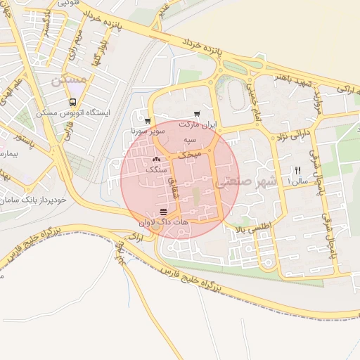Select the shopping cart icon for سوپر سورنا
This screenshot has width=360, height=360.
coord(146,122)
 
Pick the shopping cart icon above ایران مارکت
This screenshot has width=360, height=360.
coord(197,114)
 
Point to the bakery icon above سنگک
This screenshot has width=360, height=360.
coord(155,160)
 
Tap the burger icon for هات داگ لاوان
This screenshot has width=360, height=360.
coord(163,212)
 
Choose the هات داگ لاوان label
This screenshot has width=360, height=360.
coord(165,221)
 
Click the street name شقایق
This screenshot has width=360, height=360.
coord(173,181)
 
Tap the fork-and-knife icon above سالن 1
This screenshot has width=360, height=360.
coord(297,171)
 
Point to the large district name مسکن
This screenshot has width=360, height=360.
coord(68,81)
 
